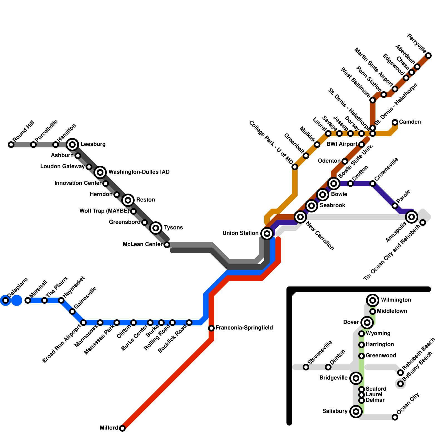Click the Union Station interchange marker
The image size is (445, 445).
pyautogui.click(x=267, y=233)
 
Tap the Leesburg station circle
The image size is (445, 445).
pyautogui.click(x=72, y=144)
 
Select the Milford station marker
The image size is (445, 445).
pyautogui.click(x=122, y=428)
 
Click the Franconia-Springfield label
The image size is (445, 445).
pyautogui.click(x=244, y=328)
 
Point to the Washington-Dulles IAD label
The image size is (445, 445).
pyautogui.click(x=139, y=172)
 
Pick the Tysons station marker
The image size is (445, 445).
pyautogui.click(x=156, y=228)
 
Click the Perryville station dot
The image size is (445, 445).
pyautogui.click(x=429, y=56)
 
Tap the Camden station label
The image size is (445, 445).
pyautogui.click(x=410, y=122)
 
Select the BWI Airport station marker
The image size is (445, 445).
pyautogui.click(x=362, y=144)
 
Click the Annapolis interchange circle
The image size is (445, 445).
pyautogui.click(x=412, y=217)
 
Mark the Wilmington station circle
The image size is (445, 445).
pyautogui.click(x=373, y=300)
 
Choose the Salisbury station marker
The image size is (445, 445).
pyautogui.click(x=356, y=411)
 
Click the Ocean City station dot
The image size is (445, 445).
pyautogui.click(x=395, y=417)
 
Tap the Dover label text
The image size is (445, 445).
pyautogui.click(x=351, y=322)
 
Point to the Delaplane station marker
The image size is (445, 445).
pyautogui.click(x=6, y=300)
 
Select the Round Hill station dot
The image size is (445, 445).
pyautogui.click(x=11, y=144)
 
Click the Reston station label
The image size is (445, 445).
pyautogui.click(x=145, y=200)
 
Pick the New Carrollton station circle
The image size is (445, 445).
pyautogui.click(x=300, y=217)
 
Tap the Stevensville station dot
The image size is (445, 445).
pyautogui.click(x=306, y=367)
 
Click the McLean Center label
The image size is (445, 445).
pyautogui.click(x=142, y=244)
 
